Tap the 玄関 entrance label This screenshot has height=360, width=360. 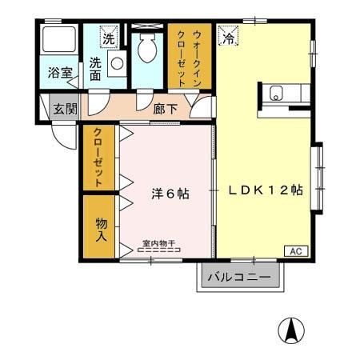tap(62, 109)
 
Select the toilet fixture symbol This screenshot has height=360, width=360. tap(147, 50)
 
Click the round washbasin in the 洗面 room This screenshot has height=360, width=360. tap(117, 63)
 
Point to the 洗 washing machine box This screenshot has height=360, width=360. tap(107, 37)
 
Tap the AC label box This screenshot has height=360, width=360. tap(295, 251)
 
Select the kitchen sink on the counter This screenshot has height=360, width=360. tap(277, 93)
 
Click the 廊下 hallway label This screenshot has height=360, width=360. tap(165, 109)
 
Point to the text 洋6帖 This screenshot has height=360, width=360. tap(170, 194)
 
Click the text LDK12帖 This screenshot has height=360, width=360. tap(265, 190)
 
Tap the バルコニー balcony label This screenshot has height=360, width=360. tap(239, 278)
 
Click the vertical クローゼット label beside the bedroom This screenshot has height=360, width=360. tap(98, 158)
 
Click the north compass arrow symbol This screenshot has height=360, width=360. tap(291, 330)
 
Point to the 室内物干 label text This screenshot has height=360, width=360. tap(158, 242)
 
